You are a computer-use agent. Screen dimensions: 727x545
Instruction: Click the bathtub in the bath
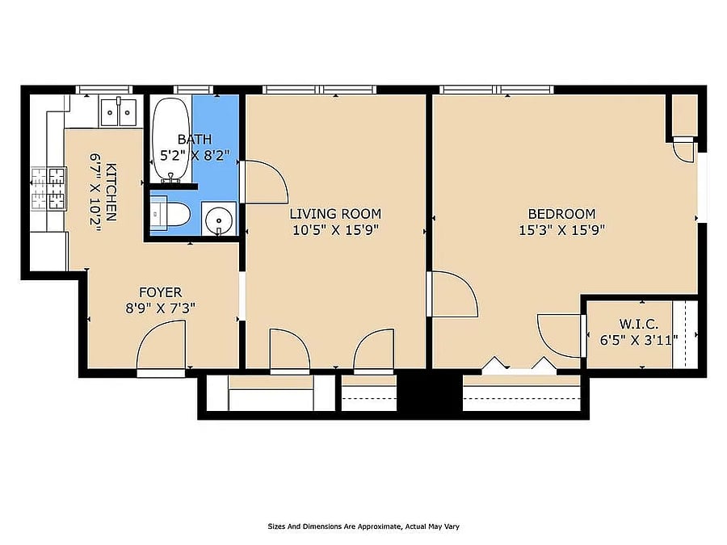coord(171,139)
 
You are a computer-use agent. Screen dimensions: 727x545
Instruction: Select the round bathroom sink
coord(219,218)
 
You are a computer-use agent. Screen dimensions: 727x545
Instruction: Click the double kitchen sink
coord(118,111)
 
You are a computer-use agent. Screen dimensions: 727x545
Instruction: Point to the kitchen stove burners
coord(49,189)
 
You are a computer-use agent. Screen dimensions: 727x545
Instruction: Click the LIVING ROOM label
coord(335,214)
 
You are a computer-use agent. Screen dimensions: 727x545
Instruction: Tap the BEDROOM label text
coord(561,214)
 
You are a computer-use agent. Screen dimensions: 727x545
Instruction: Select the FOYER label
coord(161,292)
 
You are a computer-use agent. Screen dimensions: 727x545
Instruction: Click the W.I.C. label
coord(638,324)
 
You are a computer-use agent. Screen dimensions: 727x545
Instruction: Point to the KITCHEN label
coord(111,192)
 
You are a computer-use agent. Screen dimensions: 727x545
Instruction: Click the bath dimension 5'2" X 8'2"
coord(195,155)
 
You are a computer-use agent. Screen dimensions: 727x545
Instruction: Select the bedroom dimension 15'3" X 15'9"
coord(561,230)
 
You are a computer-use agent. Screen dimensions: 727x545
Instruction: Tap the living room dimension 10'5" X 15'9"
coord(336,230)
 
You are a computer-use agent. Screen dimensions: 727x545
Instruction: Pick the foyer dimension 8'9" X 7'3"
coord(161,308)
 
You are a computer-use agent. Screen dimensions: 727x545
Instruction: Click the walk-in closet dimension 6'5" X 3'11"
coord(638,340)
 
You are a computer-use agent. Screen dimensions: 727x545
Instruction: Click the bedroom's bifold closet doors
coord(519,364)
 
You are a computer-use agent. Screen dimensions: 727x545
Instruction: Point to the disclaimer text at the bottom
coord(363,526)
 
